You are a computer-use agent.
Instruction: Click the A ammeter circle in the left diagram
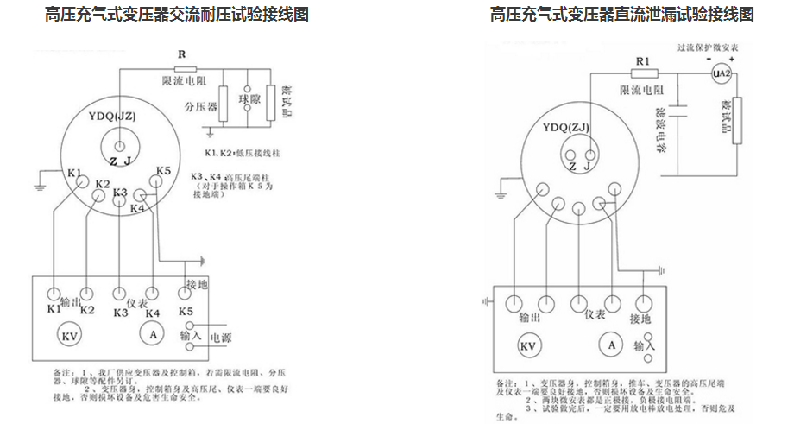[x=152, y=334]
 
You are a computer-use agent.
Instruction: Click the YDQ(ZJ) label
[x=566, y=127]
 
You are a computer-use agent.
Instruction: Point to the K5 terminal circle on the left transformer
[x=161, y=183]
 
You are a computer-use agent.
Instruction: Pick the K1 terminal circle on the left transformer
[x=79, y=183]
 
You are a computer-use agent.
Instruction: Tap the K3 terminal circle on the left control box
[x=119, y=293]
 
